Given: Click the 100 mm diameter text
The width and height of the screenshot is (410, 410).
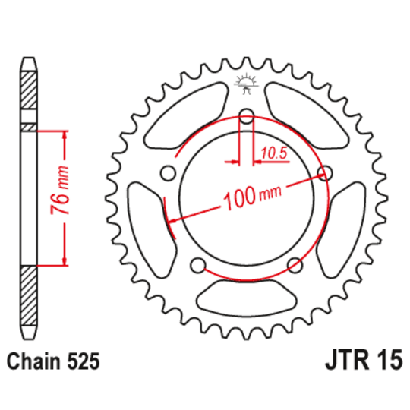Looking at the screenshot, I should [248, 199].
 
